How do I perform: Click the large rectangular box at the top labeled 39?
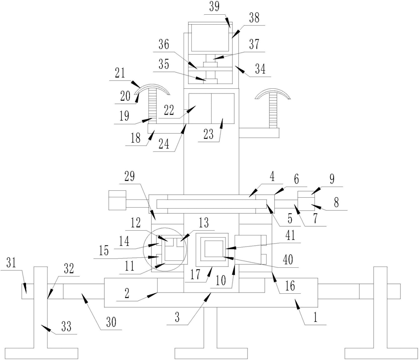pos(209,38)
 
